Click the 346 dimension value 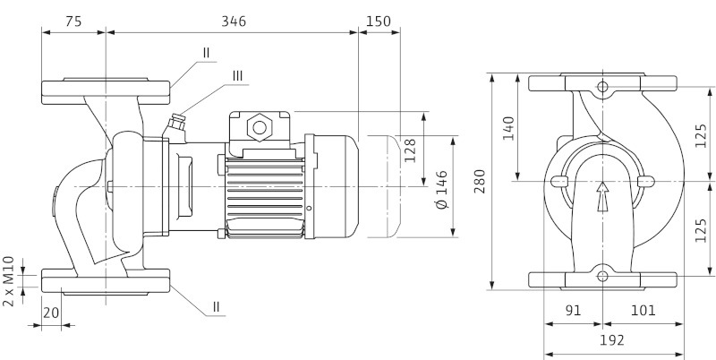click(x=232, y=19)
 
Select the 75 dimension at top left click(x=74, y=19)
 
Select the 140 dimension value click(x=508, y=128)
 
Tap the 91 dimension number click(x=574, y=311)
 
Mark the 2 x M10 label click(x=9, y=280)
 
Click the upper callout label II click(x=206, y=53)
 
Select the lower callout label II click(x=216, y=307)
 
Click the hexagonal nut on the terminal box click(x=260, y=125)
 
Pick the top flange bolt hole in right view click(x=602, y=87)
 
